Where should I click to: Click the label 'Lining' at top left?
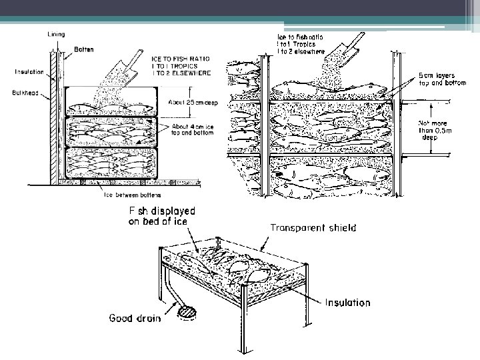(56, 34)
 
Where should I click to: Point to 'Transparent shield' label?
(313, 227)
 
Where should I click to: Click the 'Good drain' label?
(135, 318)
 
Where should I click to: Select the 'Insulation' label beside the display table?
(347, 302)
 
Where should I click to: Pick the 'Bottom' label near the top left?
(84, 49)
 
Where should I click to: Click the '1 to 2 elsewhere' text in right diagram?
(301, 51)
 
